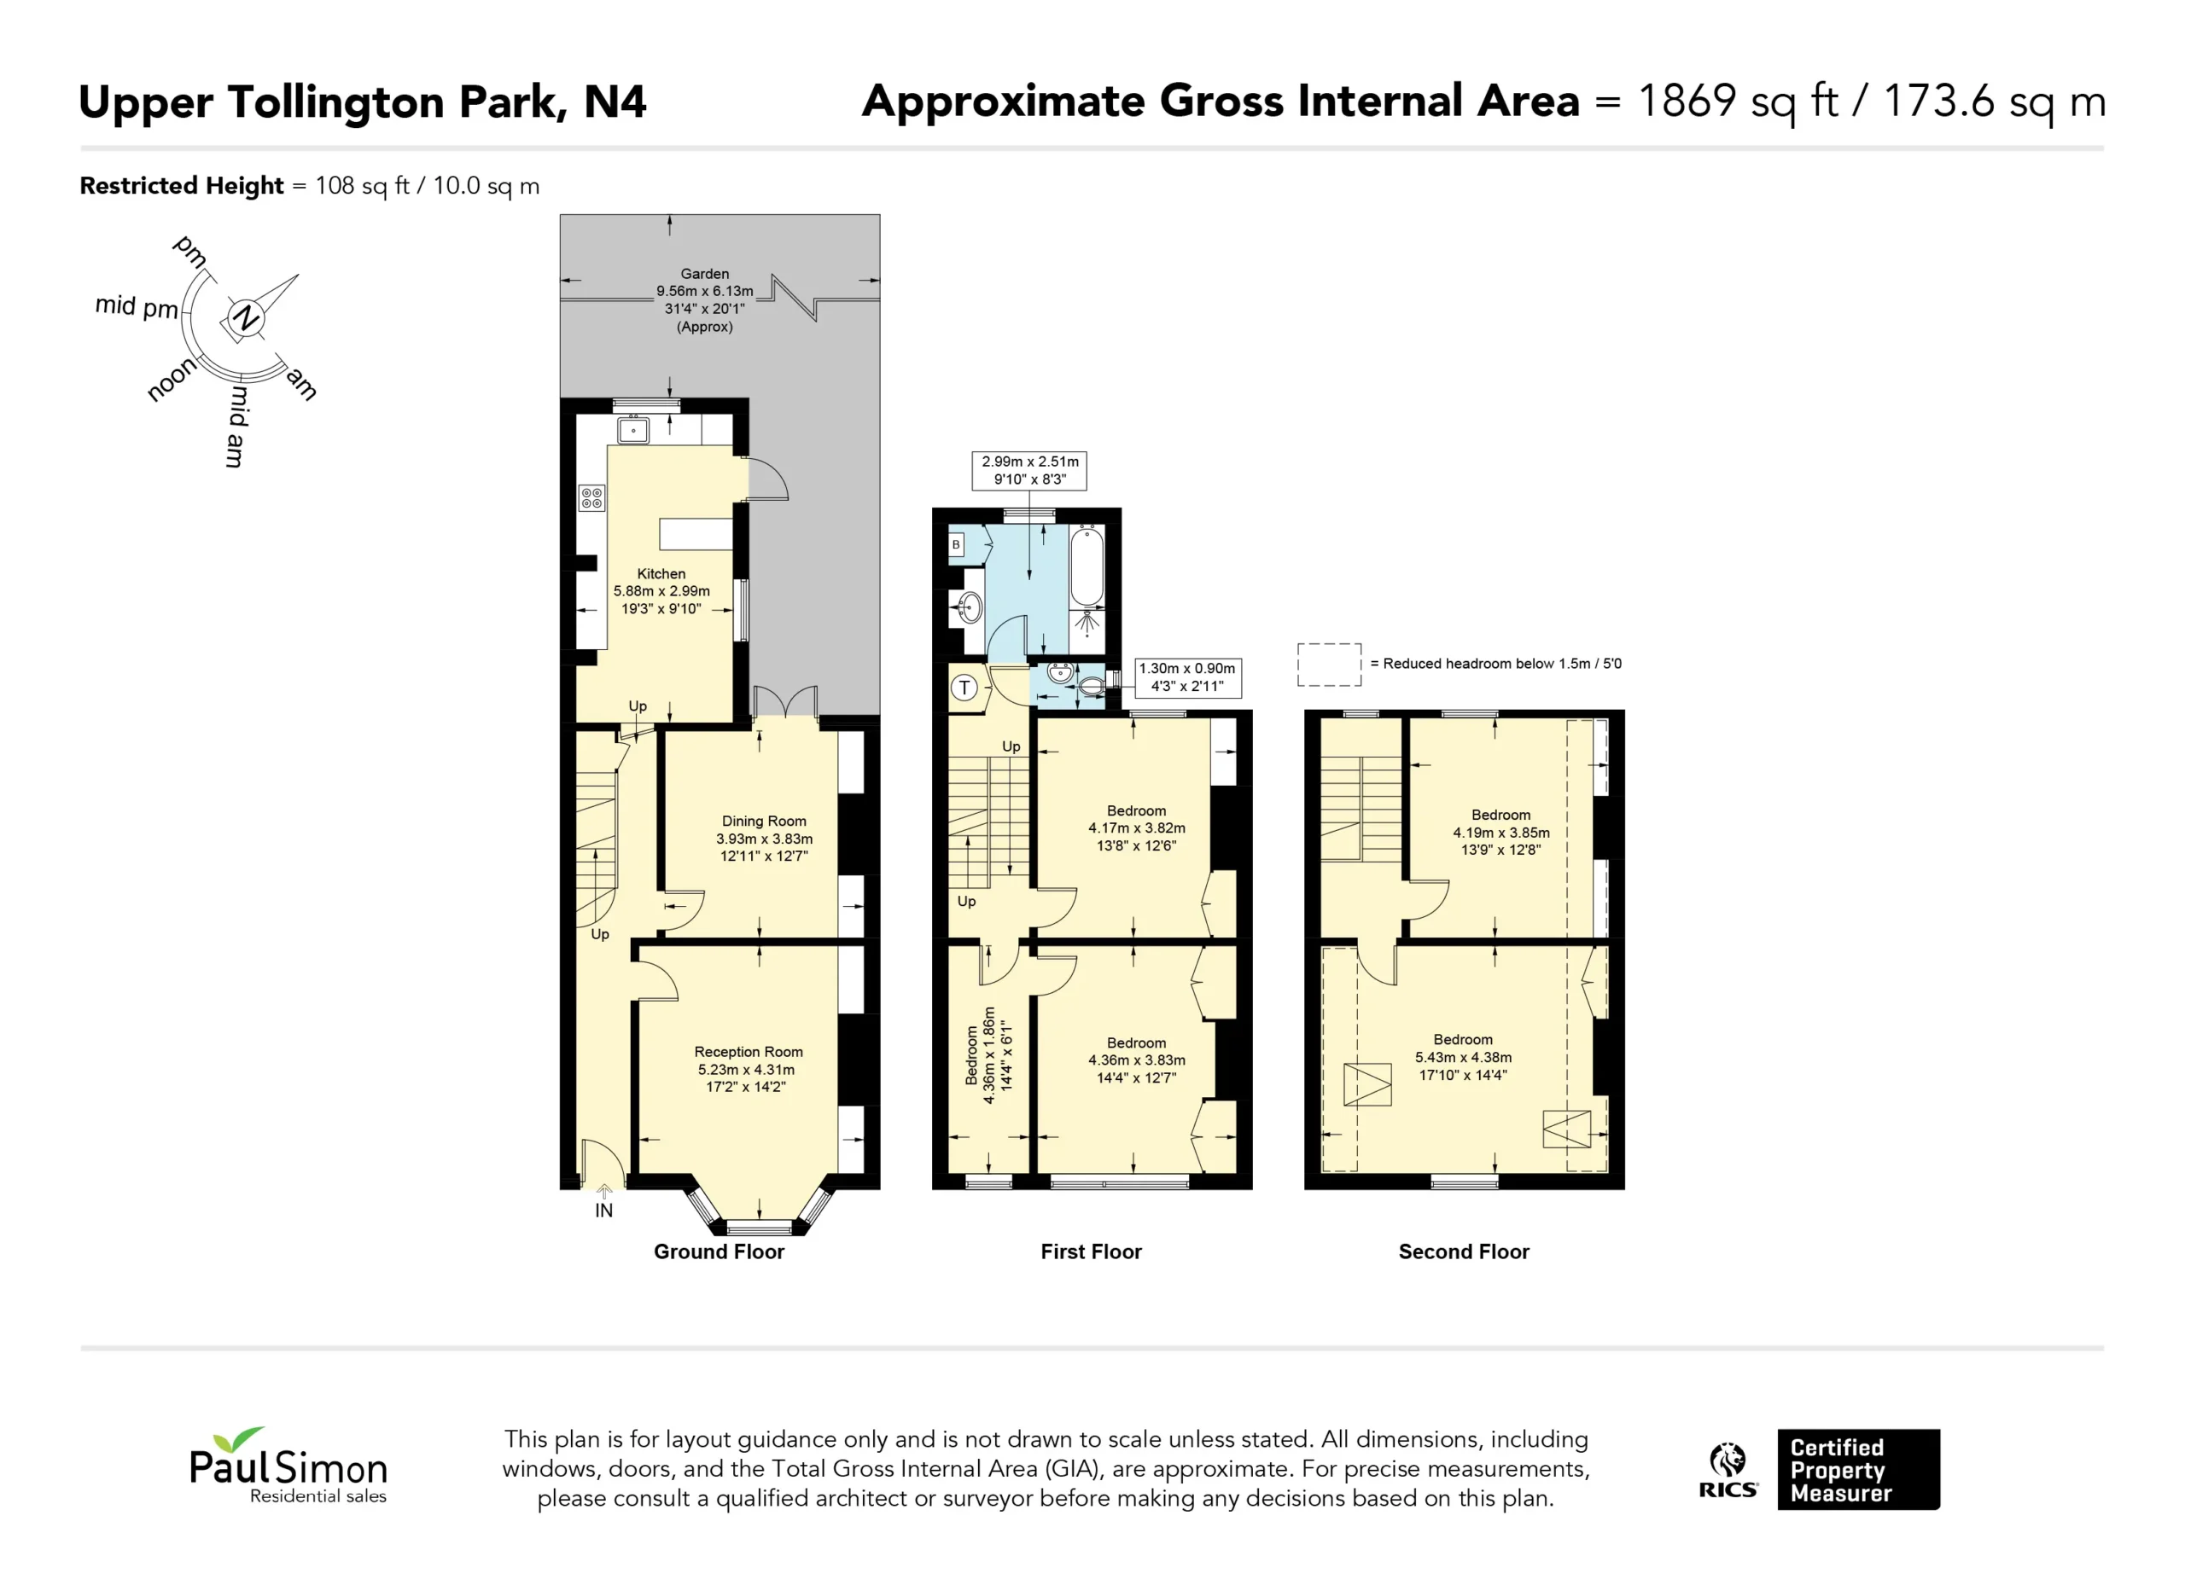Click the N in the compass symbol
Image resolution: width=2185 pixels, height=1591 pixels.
point(247,316)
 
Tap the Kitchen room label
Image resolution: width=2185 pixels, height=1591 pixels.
point(661,574)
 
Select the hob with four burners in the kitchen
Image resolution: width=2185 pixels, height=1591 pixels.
point(591,498)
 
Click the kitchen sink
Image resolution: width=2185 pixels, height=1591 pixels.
point(633,430)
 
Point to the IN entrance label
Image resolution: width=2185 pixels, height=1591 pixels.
point(604,1211)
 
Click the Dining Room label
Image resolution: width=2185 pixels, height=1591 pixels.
point(764,822)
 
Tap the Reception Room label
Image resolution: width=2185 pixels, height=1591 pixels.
point(749,1052)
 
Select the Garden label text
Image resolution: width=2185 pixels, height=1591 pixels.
point(705,275)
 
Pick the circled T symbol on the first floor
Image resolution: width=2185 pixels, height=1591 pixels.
point(964,688)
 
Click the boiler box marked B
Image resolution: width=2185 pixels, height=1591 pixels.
point(956,545)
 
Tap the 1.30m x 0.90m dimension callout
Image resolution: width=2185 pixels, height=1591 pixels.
point(1187,677)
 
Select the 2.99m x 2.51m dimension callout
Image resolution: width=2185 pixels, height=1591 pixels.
point(1030,470)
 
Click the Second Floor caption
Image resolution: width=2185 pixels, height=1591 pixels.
point(1464,1252)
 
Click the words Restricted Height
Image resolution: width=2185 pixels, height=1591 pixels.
point(181,186)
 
